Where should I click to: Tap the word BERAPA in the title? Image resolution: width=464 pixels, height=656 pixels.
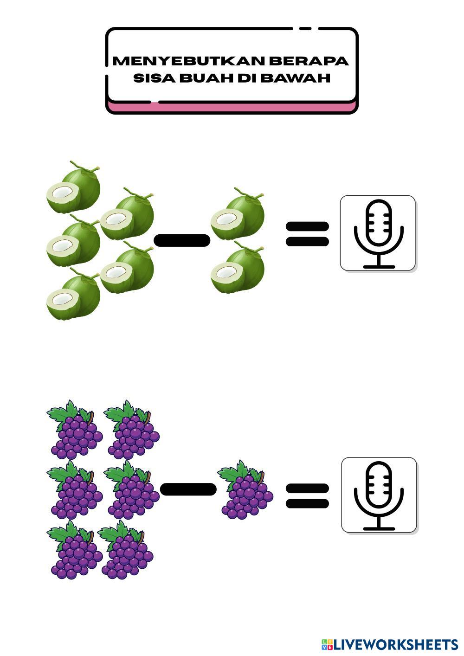tap(308, 61)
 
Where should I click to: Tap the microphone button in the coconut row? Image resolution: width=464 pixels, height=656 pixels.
tap(378, 233)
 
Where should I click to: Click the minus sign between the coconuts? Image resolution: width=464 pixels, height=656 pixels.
tap(181, 240)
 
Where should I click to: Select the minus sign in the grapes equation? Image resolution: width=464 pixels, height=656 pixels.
tap(188, 489)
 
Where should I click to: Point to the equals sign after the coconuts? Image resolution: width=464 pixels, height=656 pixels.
tap(307, 234)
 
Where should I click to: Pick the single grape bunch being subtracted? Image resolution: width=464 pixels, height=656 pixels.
tap(246, 491)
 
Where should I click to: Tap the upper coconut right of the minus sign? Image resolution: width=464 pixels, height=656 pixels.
tap(238, 215)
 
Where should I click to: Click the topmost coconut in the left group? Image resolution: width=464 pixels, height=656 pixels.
tap(74, 188)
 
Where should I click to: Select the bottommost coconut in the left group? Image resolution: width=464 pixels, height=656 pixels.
tap(74, 295)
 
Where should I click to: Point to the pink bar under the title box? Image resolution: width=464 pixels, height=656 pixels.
tap(232, 108)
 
